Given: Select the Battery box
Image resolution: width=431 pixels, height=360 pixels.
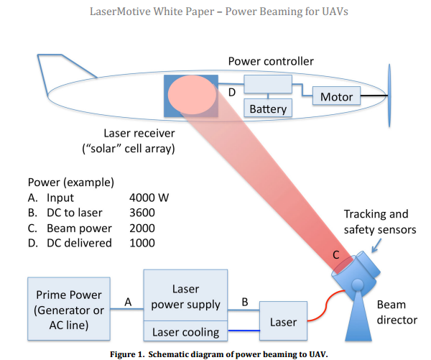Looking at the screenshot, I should (268, 109).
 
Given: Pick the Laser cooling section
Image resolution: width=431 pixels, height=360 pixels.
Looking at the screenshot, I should (185, 331).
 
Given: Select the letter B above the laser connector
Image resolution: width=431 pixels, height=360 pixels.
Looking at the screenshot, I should (245, 303).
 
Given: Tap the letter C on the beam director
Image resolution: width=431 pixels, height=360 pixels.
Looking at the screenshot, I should (336, 254).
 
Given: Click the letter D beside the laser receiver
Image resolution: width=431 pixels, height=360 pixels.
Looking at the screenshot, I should (231, 93).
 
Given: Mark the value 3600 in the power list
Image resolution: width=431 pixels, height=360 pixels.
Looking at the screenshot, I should (144, 213).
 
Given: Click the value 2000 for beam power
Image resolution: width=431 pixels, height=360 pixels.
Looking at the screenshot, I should (144, 228).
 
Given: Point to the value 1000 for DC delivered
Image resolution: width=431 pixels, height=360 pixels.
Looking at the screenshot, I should (144, 243).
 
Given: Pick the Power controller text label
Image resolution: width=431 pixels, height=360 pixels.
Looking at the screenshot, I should (272, 61).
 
